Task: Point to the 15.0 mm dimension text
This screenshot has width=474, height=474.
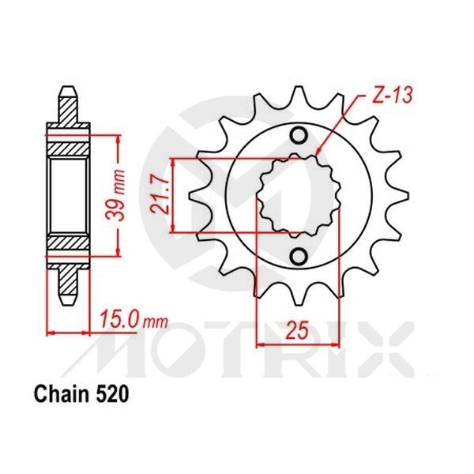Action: (x=134, y=320)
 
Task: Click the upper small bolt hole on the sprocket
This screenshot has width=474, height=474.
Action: (x=299, y=135)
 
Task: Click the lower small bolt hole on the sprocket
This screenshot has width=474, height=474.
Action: (x=299, y=257)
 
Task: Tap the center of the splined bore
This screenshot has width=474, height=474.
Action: (x=299, y=196)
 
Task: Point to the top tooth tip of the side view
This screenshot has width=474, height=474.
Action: (x=69, y=88)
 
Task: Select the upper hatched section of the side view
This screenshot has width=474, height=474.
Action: (x=69, y=146)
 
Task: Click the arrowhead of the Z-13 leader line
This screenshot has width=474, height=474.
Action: (x=318, y=152)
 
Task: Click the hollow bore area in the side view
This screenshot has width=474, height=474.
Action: (x=69, y=196)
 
